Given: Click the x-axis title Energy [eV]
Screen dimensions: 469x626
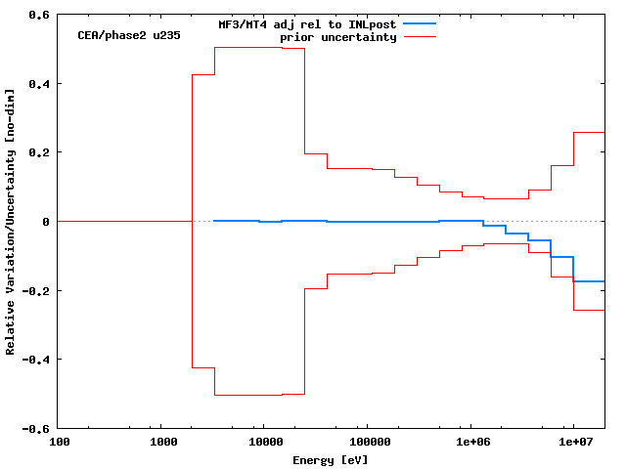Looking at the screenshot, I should pos(331,460).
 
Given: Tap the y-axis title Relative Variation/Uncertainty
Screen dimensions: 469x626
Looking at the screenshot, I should pos(11,221).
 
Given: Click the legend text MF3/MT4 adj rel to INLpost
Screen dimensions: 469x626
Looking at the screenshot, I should pos(306,23).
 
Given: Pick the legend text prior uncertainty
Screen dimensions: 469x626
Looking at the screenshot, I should pos(338,37).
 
